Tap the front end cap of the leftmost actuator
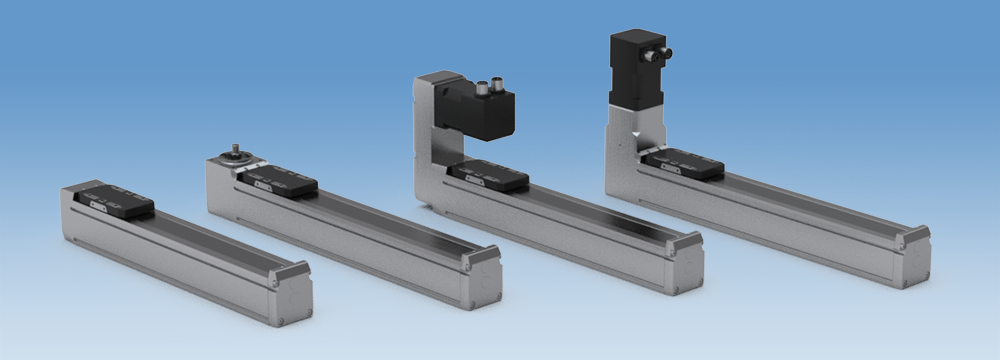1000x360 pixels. tap(293, 292)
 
